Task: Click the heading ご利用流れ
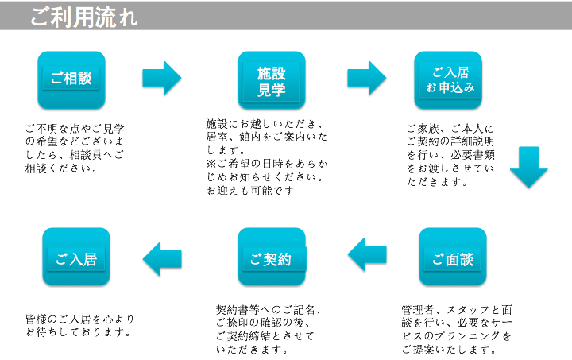[x=83, y=17]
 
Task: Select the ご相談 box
[x=71, y=79]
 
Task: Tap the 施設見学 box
[x=272, y=79]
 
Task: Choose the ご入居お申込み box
[x=449, y=79]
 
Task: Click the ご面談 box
[x=452, y=257]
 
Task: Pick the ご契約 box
[x=272, y=257]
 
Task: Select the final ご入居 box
[x=75, y=257]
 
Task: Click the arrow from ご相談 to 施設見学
[x=162, y=77]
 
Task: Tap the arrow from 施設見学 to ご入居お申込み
[x=366, y=77]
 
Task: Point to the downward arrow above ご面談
[x=528, y=166]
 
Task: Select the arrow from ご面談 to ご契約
[x=367, y=254]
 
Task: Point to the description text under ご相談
[x=75, y=148]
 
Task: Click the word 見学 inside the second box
[x=272, y=89]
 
